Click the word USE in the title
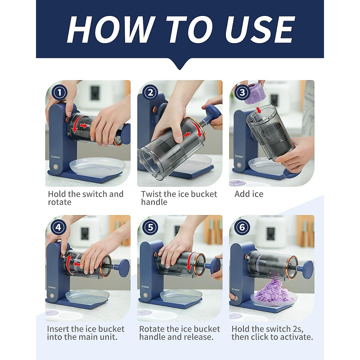pos(260,30)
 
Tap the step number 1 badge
pos(60,93)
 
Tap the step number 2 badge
pos(150,93)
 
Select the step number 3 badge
pos(242,92)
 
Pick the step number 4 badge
pos(58,227)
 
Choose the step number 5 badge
pos(150,227)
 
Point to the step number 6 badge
pos(242,227)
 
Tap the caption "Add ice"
pos(249,194)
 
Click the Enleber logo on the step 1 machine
pos(56,157)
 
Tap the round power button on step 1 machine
pos(55,166)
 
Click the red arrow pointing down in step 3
pos(259,110)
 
